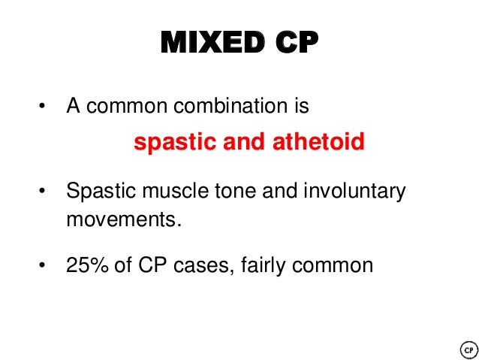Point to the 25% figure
(x=85, y=265)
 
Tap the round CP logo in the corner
(x=467, y=349)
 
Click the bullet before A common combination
(x=42, y=106)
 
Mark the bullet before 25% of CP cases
(x=42, y=265)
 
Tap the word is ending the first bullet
(x=300, y=105)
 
